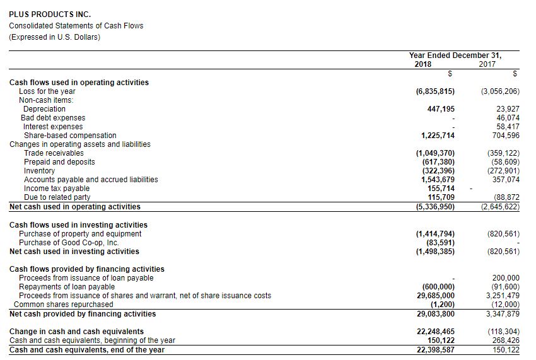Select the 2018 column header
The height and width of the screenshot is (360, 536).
[x=423, y=64]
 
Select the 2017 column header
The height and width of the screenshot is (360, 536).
[x=487, y=64]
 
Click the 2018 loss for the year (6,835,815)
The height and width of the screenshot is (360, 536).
[x=436, y=91]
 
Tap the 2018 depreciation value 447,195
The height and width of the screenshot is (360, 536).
[x=441, y=109]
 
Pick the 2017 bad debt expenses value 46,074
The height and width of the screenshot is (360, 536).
[x=508, y=118]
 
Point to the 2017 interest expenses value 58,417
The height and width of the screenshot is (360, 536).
[x=508, y=127]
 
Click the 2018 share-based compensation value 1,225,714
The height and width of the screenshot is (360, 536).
[x=438, y=136]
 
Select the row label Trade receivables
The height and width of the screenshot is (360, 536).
[x=54, y=153]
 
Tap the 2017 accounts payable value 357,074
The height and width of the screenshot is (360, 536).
[x=506, y=180]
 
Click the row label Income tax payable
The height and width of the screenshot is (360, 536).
[x=57, y=189]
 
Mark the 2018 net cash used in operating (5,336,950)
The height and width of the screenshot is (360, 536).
[x=436, y=207]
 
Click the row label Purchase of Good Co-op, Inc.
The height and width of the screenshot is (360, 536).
[x=69, y=243]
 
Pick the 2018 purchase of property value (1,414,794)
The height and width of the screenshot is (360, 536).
[x=436, y=234]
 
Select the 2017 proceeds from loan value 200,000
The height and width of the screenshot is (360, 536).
[x=506, y=278]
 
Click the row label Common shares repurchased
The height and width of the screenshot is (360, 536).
[x=64, y=305]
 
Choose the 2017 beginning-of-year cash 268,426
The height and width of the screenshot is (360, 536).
[x=506, y=341]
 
